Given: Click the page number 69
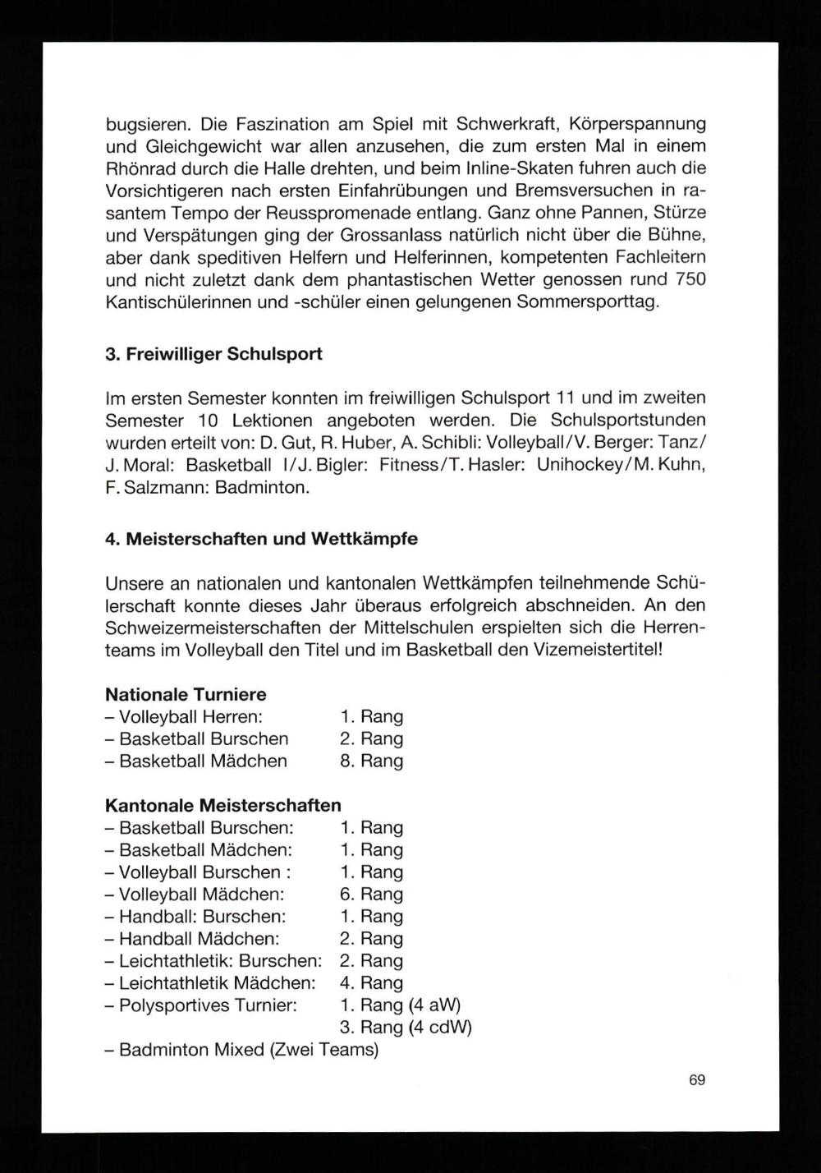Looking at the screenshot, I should point(697,1080).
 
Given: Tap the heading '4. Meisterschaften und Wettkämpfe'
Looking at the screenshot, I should point(262,540).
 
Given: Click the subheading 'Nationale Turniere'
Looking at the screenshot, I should point(186,694).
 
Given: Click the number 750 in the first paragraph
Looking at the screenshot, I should point(688,279).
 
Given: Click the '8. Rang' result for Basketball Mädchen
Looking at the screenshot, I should point(371,761).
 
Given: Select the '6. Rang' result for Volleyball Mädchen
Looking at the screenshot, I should point(371,894).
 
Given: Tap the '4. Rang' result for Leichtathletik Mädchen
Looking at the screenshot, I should point(371,982).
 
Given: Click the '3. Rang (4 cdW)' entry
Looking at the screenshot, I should point(406,1027).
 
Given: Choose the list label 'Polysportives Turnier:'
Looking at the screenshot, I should point(207,1005).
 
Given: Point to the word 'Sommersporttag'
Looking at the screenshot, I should point(589,301).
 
